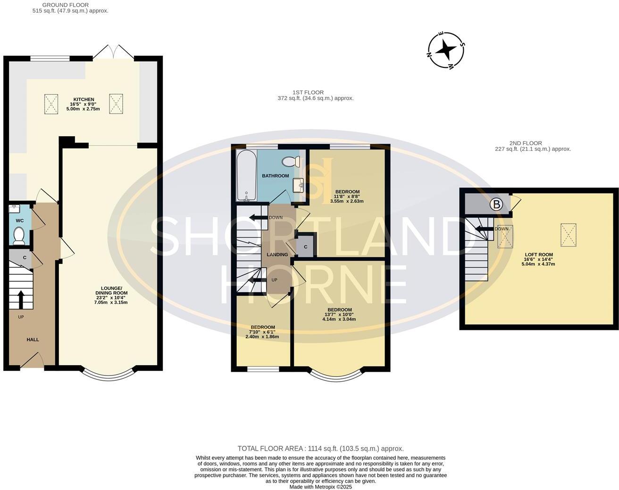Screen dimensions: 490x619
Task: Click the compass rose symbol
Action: pyautogui.click(x=446, y=49)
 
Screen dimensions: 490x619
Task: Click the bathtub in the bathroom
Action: pyautogui.click(x=246, y=175)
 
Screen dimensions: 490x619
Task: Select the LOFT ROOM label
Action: pyautogui.click(x=538, y=254)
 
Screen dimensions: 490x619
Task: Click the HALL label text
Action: pyautogui.click(x=33, y=340)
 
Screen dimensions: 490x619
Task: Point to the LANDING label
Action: pyautogui.click(x=277, y=254)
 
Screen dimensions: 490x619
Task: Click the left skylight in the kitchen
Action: pyautogui.click(x=51, y=104)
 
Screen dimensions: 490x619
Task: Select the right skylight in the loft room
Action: pyautogui.click(x=568, y=235)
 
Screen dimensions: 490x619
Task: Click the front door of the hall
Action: pyautogui.click(x=32, y=361)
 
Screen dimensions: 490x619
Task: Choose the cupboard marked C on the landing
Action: pyautogui.click(x=305, y=247)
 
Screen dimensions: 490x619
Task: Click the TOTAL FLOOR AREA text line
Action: pyautogui.click(x=320, y=449)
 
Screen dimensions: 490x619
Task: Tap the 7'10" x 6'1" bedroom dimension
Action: pyautogui.click(x=262, y=332)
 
